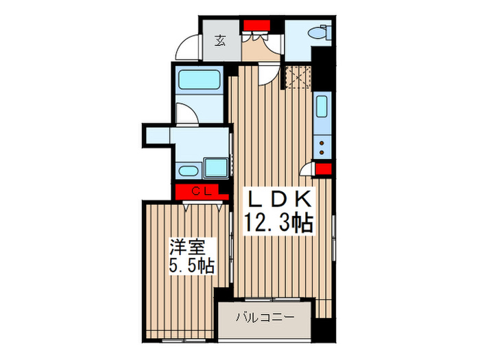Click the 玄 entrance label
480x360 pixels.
[x=221, y=41]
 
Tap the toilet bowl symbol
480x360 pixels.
[x=318, y=32]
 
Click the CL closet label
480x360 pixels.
[x=200, y=191]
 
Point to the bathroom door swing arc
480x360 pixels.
[x=187, y=114]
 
